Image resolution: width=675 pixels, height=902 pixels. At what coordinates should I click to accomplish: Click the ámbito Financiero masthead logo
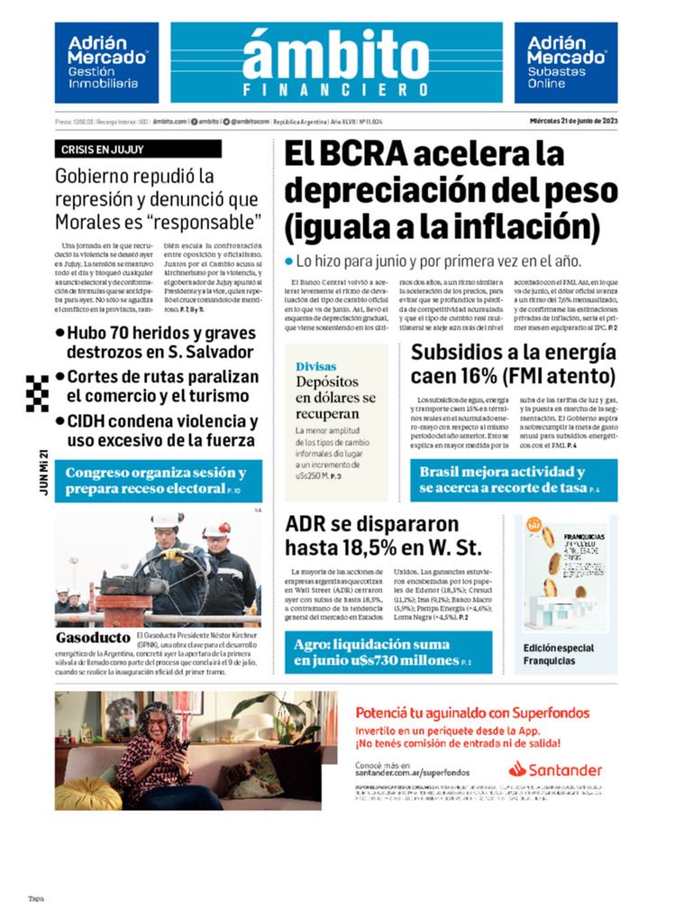[x=336, y=62]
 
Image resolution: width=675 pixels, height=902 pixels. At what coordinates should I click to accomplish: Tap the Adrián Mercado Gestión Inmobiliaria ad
[x=106, y=62]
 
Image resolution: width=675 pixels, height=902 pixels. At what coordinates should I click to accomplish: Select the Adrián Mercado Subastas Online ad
[x=566, y=62]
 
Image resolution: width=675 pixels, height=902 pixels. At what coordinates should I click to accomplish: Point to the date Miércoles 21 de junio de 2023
[x=573, y=121]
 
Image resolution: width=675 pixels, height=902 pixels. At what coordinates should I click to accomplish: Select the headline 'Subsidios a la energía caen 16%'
[x=514, y=363]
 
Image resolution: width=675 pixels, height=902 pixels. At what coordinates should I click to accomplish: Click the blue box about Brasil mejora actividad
[x=514, y=480]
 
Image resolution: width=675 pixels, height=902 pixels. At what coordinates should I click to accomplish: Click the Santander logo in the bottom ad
[x=555, y=769]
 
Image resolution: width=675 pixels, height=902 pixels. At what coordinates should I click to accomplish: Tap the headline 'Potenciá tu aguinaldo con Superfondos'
[x=472, y=713]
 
